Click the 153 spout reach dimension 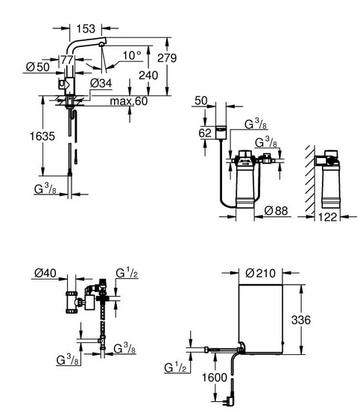click(86, 28)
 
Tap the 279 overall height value click(167, 57)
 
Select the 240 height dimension click(148, 75)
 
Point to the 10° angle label click(132, 56)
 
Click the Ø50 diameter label click(38, 67)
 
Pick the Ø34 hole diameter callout click(101, 84)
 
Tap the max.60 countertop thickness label click(129, 101)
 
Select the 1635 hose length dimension click(42, 136)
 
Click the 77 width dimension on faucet click(67, 60)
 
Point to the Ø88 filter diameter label click(276, 211)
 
